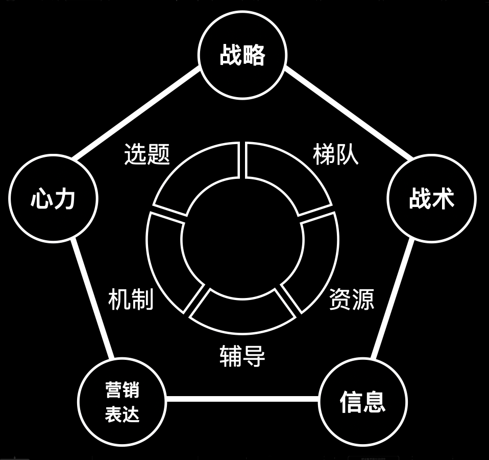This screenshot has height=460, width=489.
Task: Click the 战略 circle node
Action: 242,55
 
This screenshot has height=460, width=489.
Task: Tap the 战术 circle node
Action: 431,198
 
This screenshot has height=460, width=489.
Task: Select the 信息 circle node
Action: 362,401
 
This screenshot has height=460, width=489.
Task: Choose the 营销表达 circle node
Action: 122,402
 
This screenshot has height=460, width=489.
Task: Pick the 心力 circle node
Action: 53,198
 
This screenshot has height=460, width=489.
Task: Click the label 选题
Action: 147,154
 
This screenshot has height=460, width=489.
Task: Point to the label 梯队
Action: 336,154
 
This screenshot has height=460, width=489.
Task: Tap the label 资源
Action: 351,299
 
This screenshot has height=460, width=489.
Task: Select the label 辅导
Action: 242,356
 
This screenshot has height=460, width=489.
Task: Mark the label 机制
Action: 131,299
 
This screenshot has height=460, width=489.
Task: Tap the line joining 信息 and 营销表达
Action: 242,399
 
